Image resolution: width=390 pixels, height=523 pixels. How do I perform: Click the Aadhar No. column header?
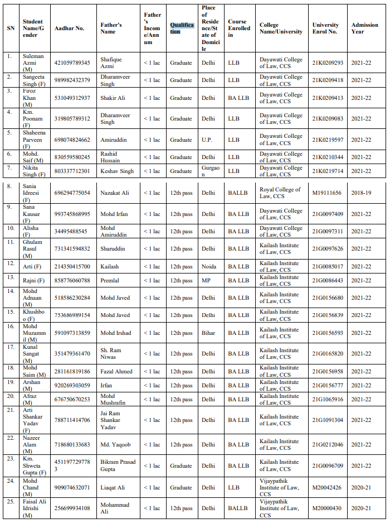coord(69,28)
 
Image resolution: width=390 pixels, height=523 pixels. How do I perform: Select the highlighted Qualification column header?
coord(182,28)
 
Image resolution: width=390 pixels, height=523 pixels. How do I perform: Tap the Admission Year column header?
coord(364,28)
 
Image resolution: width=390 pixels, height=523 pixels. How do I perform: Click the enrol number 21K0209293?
coord(328,63)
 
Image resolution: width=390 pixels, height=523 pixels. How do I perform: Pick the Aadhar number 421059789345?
coord(72,63)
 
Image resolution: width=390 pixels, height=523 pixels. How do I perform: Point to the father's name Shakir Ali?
coord(113,98)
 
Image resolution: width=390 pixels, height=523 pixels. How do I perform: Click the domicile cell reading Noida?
coord(209,266)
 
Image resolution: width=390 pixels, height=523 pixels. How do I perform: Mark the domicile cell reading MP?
coord(206,280)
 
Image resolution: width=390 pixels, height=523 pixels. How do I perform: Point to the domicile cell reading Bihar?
coord(208,333)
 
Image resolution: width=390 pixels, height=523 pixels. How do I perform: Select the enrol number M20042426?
coord(328,487)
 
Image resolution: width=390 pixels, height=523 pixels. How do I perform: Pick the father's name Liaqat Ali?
coord(113,487)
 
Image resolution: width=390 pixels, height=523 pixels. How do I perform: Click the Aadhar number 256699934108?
coord(72,508)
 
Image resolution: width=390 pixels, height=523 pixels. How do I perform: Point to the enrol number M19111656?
coord(327,193)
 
